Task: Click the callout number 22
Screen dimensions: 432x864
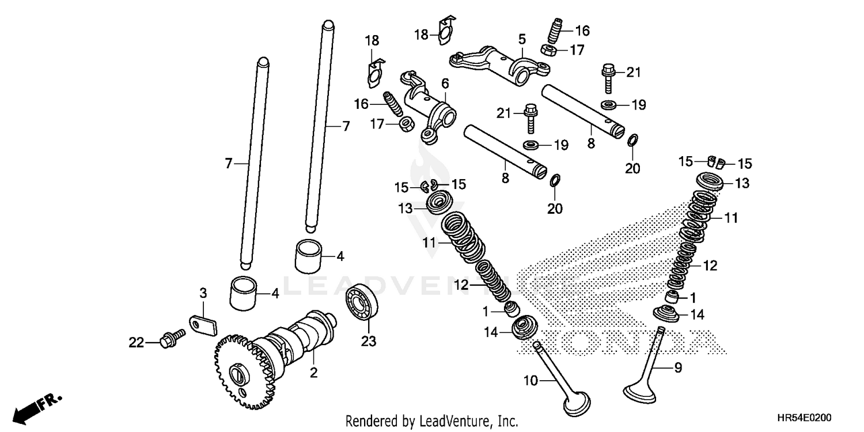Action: pos(135,343)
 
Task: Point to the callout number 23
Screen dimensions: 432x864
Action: pos(368,342)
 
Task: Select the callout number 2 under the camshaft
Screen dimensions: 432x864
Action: pos(313,373)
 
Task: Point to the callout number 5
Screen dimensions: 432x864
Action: pos(522,40)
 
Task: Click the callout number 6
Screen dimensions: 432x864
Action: pos(445,84)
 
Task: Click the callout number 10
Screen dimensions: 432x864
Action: pos(532,380)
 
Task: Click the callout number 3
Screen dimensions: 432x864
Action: pos(203,293)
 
